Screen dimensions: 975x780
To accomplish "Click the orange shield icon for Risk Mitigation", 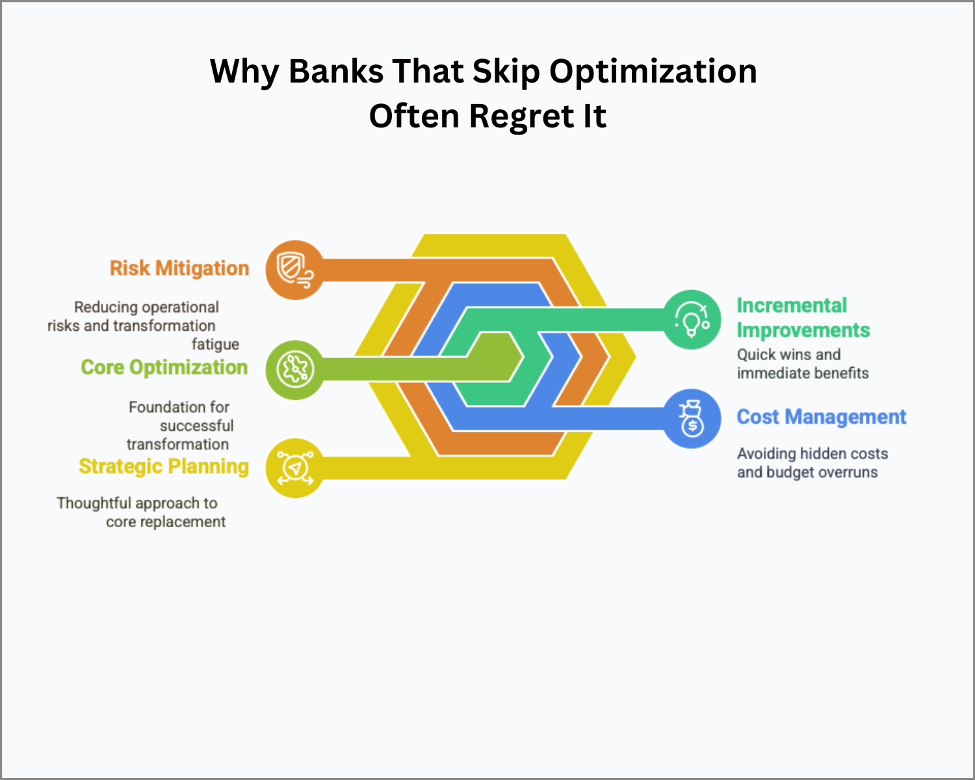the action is [x=295, y=270].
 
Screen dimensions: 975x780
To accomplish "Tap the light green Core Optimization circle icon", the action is [x=295, y=370].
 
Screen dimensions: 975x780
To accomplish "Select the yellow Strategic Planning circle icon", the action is [x=295, y=468].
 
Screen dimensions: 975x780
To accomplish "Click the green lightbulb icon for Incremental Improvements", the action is [x=692, y=320].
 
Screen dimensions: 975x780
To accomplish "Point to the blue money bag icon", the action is [x=692, y=419].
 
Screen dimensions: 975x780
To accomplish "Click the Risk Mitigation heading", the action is [x=179, y=268].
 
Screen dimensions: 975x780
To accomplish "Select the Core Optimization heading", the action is [x=164, y=367].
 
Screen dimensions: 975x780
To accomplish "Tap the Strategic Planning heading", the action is [x=164, y=467].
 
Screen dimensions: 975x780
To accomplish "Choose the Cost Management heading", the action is [x=822, y=417].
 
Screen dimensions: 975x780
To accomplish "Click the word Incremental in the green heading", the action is [x=792, y=305].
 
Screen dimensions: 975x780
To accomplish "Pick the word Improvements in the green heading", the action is [x=803, y=330].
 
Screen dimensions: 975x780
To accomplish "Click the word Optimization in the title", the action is [x=653, y=71].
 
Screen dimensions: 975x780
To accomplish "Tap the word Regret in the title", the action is [x=521, y=117].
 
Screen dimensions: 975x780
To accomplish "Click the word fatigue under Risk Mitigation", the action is [x=215, y=345].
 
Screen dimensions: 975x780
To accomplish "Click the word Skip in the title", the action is [x=506, y=73].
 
